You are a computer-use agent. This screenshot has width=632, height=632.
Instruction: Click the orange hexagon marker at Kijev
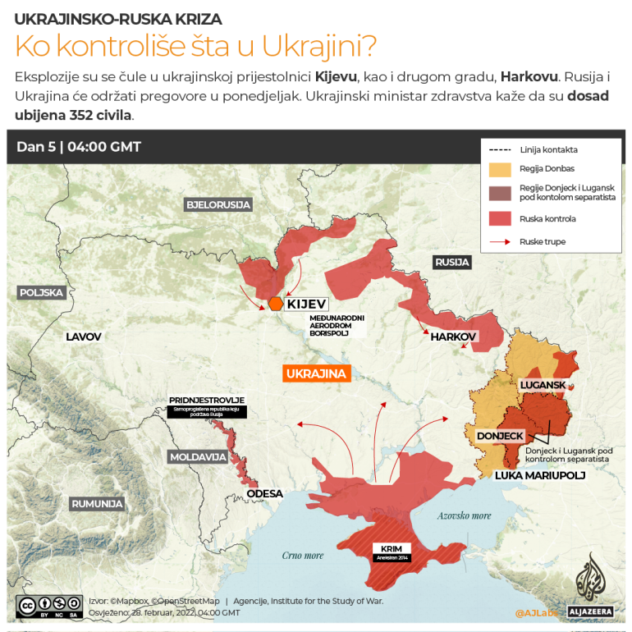(x=275, y=304)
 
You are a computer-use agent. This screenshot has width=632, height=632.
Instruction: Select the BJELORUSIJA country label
(x=218, y=204)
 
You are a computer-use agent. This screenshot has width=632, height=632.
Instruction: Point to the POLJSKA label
(x=41, y=292)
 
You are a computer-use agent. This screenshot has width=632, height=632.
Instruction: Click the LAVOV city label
(x=84, y=337)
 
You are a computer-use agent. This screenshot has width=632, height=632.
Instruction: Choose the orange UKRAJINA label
(x=317, y=373)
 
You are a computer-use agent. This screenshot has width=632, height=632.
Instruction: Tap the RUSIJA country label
(x=452, y=263)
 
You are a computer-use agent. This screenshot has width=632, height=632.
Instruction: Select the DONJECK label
(x=500, y=436)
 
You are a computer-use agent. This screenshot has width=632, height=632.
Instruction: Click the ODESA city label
(x=264, y=493)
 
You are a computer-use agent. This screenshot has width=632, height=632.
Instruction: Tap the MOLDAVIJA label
(x=198, y=456)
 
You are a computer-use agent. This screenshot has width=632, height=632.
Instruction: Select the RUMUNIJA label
(x=97, y=503)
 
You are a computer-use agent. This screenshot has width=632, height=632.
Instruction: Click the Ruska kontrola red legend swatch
(x=500, y=218)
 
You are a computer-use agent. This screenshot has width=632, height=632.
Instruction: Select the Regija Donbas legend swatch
(x=500, y=169)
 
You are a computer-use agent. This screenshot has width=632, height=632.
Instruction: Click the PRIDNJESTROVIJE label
(x=207, y=401)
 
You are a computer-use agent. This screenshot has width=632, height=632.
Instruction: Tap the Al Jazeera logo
(x=588, y=587)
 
